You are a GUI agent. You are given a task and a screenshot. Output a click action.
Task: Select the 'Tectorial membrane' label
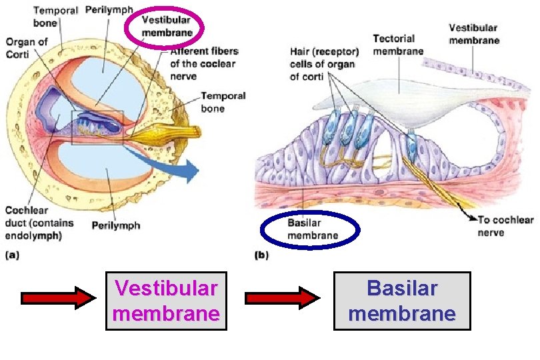tap(398, 45)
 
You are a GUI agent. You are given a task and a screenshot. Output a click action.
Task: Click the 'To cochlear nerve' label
tap(505, 226)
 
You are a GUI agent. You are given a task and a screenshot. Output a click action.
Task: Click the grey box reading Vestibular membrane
tap(167, 301)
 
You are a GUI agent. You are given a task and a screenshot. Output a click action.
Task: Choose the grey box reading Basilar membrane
tap(402, 301)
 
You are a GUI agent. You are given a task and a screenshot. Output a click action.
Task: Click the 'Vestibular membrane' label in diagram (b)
tap(473, 34)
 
